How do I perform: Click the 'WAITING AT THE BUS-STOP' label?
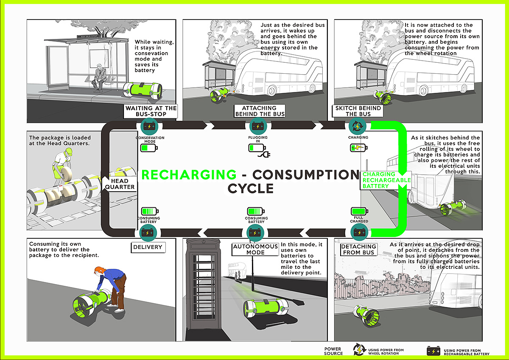[x=151, y=111]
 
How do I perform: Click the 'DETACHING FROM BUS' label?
[x=358, y=249]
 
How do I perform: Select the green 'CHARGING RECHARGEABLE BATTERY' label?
[x=386, y=180]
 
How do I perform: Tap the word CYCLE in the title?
[x=251, y=188]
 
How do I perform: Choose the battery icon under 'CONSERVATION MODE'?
[x=148, y=148]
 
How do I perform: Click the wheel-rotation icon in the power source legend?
[x=359, y=349]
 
